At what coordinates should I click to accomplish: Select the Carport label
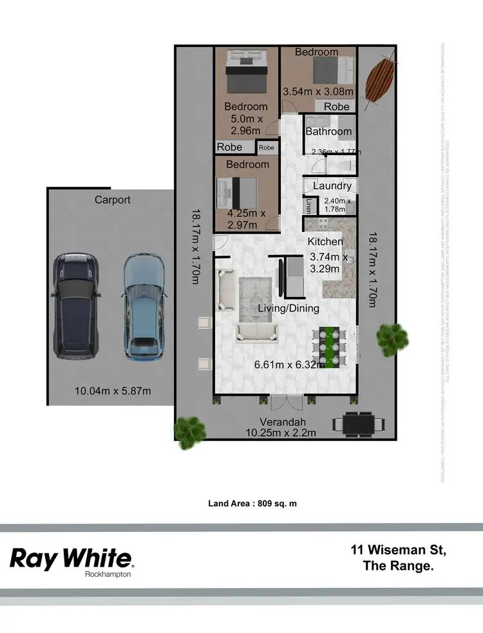coord(113,200)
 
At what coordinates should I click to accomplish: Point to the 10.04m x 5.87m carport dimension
coord(113,391)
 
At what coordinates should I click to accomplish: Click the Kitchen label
coord(325,241)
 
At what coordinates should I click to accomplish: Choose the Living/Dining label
coord(289,308)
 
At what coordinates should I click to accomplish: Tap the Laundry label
coord(332,186)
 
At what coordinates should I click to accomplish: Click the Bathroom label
coord(328,131)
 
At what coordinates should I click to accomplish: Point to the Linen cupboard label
coord(309,206)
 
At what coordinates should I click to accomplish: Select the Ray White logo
coord(71,558)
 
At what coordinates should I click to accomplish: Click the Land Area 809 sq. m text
coord(252,504)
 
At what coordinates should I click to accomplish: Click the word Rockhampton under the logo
coord(108,574)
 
